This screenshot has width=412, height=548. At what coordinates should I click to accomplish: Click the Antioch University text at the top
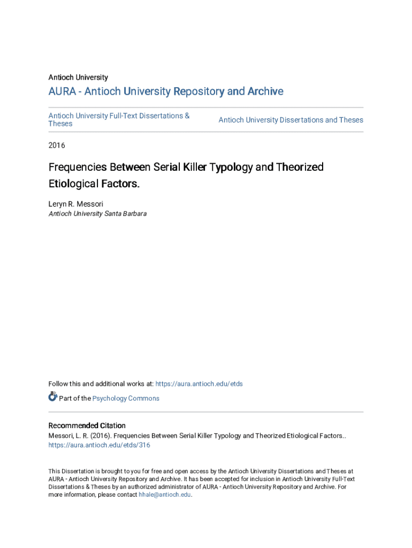78,77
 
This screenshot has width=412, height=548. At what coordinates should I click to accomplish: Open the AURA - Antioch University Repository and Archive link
166,92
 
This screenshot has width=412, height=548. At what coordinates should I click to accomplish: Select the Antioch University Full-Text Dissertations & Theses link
119,119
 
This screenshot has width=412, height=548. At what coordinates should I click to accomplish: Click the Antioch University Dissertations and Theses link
291,120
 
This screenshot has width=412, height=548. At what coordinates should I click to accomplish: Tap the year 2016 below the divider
56,145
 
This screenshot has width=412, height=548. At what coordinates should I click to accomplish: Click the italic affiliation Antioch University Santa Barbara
97,214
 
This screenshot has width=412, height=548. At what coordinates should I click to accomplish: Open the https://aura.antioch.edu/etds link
199,384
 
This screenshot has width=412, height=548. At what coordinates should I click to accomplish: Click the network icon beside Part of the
52,397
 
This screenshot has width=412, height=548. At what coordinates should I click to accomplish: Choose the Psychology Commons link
126,398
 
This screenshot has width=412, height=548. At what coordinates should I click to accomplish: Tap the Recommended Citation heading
87,425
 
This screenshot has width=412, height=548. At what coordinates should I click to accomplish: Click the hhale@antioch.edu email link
164,494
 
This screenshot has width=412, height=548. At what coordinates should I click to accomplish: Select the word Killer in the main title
195,167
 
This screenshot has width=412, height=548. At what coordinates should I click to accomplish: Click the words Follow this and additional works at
101,384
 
